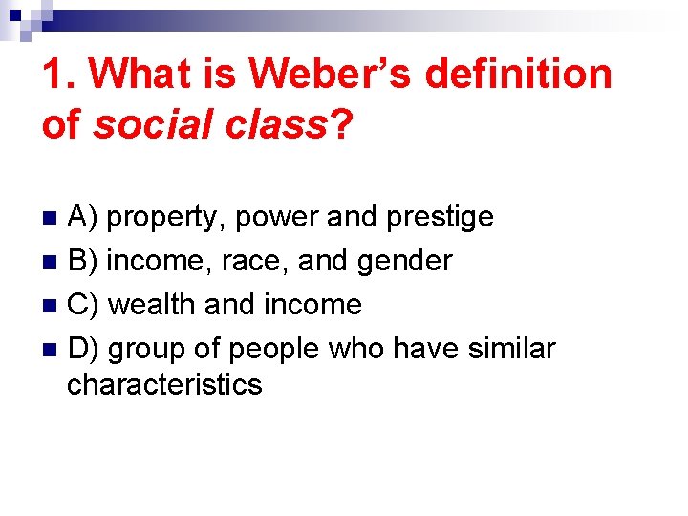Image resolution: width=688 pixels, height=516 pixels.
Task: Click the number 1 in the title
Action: click(x=54, y=74)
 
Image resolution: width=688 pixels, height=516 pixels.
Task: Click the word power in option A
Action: click(x=277, y=218)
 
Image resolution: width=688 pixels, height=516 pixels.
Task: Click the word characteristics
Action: click(x=164, y=384)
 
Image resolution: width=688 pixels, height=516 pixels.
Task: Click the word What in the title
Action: click(x=133, y=74)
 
